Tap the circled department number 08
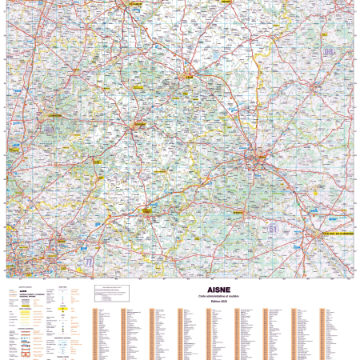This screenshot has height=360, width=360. pyautogui.click(x=328, y=52)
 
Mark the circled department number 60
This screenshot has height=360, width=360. pyautogui.click(x=50, y=127)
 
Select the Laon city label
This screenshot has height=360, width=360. pyautogui.click(x=190, y=78)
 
